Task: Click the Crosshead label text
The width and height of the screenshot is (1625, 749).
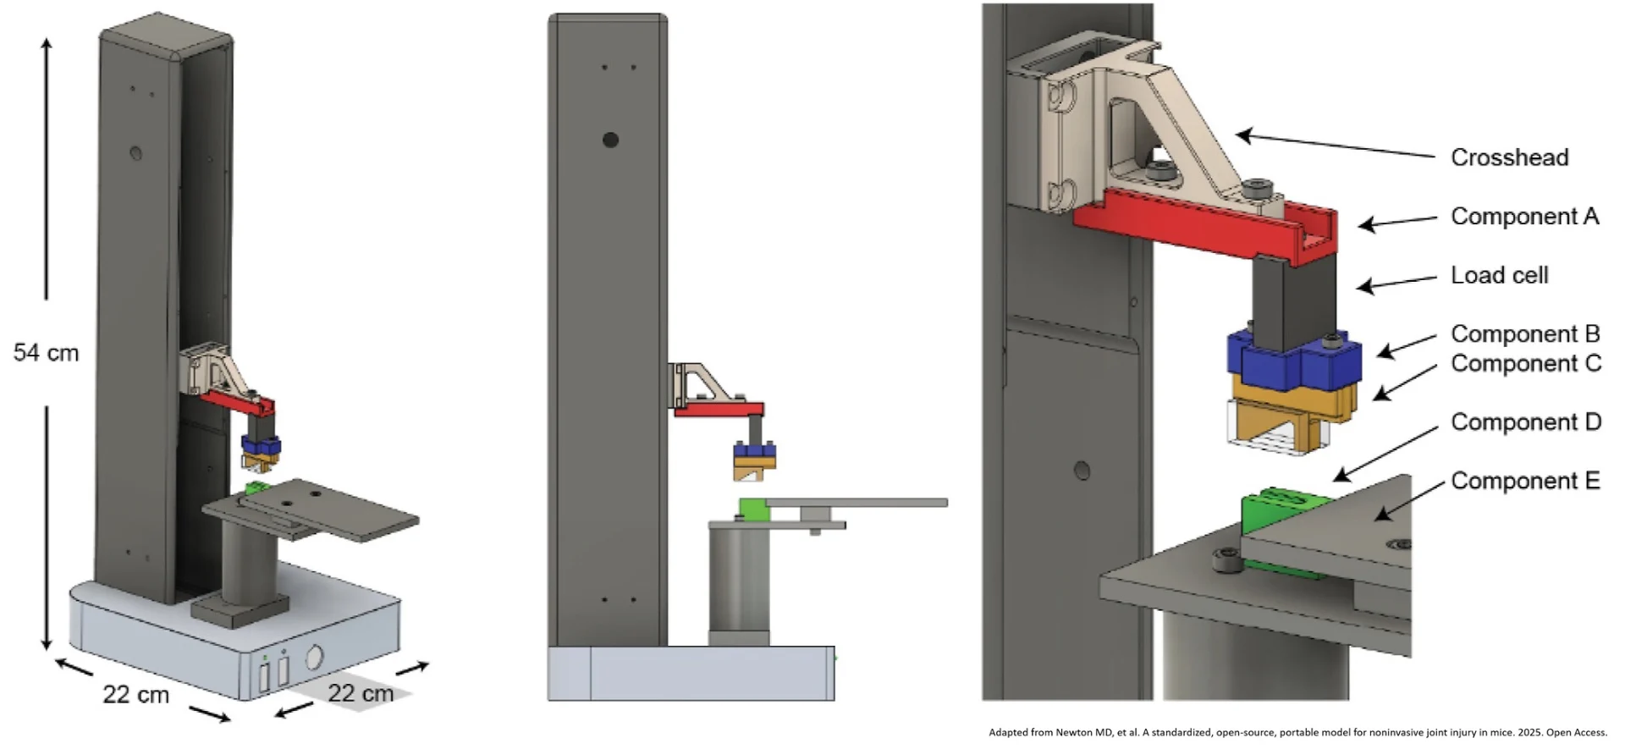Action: point(1509,157)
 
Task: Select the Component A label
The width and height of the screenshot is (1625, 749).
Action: point(1525,217)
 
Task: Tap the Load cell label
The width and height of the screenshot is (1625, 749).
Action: point(1499,275)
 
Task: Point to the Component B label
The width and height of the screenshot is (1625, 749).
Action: point(1525,334)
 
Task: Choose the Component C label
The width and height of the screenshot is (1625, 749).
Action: point(1526,363)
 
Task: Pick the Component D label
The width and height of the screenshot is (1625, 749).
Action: point(1526,422)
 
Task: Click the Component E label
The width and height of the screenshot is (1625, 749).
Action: point(1525,481)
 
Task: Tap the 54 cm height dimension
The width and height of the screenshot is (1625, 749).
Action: point(46,353)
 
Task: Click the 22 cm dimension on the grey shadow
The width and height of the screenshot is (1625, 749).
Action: point(361,694)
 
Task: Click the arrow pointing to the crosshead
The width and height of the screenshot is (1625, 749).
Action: point(1335,145)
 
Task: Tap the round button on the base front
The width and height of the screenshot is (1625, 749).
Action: point(313,658)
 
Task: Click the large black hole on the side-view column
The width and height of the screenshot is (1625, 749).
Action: point(610,140)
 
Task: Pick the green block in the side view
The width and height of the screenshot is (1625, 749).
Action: point(753,509)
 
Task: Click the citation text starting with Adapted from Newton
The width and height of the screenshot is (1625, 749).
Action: point(1297,733)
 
